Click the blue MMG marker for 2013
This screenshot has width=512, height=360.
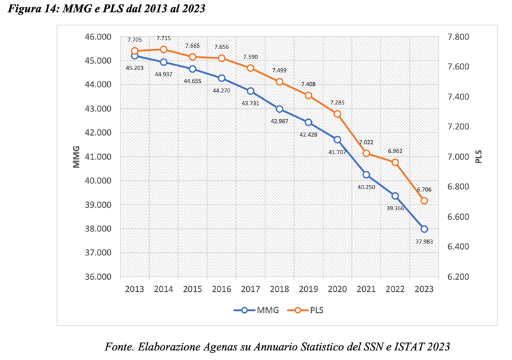point(135,56)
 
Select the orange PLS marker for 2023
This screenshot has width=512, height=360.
point(424,201)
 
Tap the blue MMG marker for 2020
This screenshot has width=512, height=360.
point(337,140)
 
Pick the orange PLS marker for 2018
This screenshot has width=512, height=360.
point(279,82)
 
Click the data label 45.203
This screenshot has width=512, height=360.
point(135,68)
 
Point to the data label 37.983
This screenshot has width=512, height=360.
point(424,241)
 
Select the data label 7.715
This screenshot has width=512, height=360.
point(164,38)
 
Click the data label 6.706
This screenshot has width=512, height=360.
point(424,189)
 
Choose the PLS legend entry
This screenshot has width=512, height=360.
point(309,310)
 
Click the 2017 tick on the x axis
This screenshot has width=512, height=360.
point(251,289)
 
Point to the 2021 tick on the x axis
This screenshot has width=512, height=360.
point(366,289)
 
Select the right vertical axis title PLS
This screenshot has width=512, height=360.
point(479,157)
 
